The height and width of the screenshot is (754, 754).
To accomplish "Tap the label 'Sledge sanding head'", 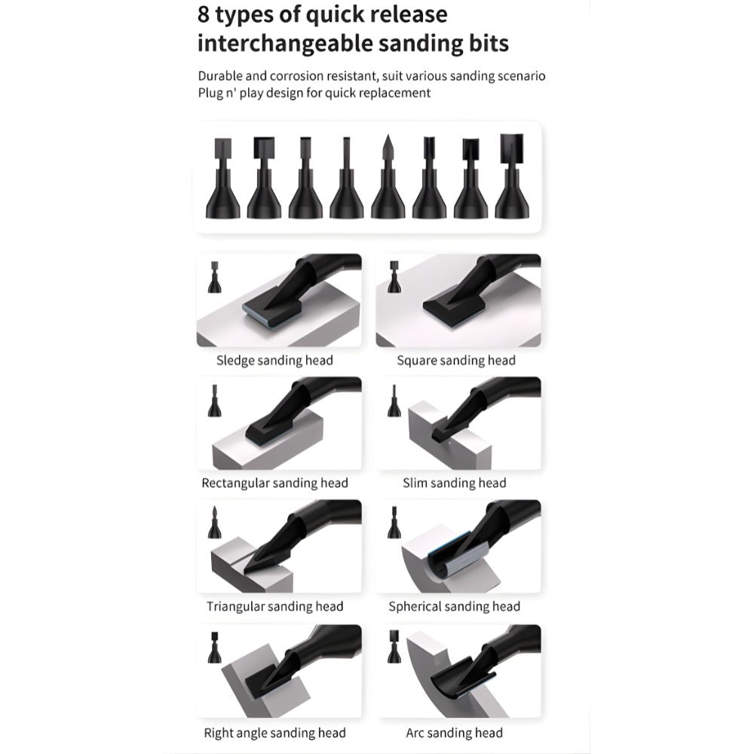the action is pyautogui.click(x=274, y=360).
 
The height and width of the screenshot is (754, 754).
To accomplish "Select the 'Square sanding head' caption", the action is pyautogui.click(x=456, y=360).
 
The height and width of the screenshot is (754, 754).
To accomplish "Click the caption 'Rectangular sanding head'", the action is pyautogui.click(x=274, y=483).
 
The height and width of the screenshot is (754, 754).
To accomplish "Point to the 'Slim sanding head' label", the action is pyautogui.click(x=455, y=483).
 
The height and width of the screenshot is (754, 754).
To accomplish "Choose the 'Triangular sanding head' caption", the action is pyautogui.click(x=274, y=606).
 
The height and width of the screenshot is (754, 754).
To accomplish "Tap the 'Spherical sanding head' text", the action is pyautogui.click(x=455, y=606).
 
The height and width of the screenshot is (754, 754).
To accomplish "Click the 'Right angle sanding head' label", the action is pyautogui.click(x=274, y=734).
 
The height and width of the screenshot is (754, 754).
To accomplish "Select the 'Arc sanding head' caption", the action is pyautogui.click(x=455, y=734).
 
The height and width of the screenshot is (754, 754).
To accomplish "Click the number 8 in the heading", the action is pyautogui.click(x=204, y=14).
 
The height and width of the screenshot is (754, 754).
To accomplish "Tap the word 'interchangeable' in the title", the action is pyautogui.click(x=284, y=43).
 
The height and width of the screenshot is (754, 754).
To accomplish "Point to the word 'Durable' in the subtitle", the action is pyautogui.click(x=220, y=76).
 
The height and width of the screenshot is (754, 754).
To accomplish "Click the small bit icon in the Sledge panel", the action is pyautogui.click(x=214, y=277).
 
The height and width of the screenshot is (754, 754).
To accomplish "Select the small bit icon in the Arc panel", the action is pyautogui.click(x=394, y=647).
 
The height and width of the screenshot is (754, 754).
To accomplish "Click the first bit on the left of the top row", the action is pyautogui.click(x=222, y=178).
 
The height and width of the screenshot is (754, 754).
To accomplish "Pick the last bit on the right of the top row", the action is pyautogui.click(x=512, y=176).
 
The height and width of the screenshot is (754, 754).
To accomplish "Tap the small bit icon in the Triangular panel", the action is pyautogui.click(x=214, y=523).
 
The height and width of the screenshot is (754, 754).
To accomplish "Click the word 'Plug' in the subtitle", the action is pyautogui.click(x=210, y=93).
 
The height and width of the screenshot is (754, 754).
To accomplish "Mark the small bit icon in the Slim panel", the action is pyautogui.click(x=394, y=400).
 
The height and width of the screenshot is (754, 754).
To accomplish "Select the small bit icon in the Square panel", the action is pyautogui.click(x=394, y=277).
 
